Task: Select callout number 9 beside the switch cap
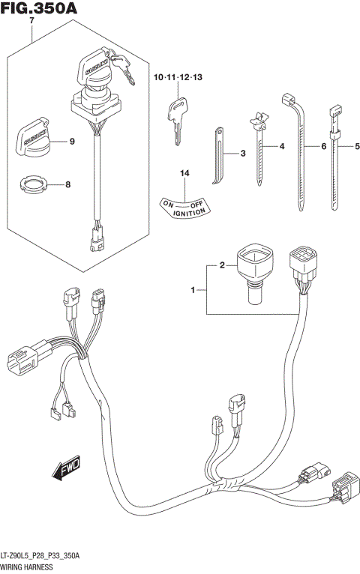(72, 141)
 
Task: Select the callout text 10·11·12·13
(178, 78)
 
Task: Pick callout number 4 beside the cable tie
(282, 146)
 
